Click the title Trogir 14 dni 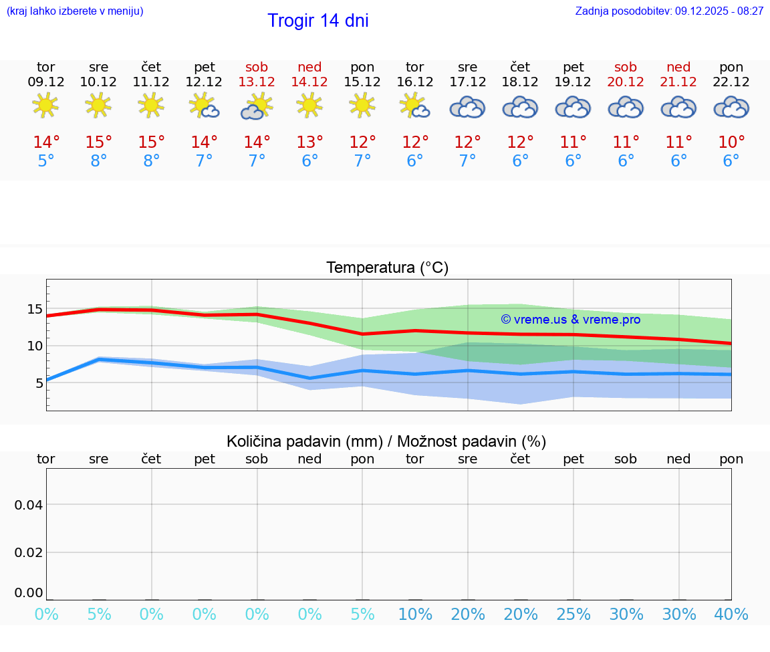[x=317, y=21]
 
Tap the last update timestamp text [x=669, y=11]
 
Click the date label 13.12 [x=257, y=82]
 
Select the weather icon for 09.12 [x=45, y=105]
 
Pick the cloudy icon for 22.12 [x=731, y=107]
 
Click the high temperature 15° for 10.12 [x=98, y=142]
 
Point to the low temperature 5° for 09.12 [x=45, y=161]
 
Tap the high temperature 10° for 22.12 [x=731, y=142]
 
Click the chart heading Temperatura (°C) [x=387, y=268]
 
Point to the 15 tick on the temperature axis [x=35, y=309]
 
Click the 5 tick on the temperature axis [x=39, y=383]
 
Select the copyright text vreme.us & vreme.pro [x=570, y=320]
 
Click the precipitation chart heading [x=386, y=441]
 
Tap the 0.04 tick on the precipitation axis [x=29, y=505]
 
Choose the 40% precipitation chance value [x=731, y=615]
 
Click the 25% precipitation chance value [x=573, y=615]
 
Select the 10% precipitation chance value [x=415, y=615]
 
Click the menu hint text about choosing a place [x=75, y=11]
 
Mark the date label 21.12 [x=678, y=82]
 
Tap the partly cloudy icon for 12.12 [x=204, y=106]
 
